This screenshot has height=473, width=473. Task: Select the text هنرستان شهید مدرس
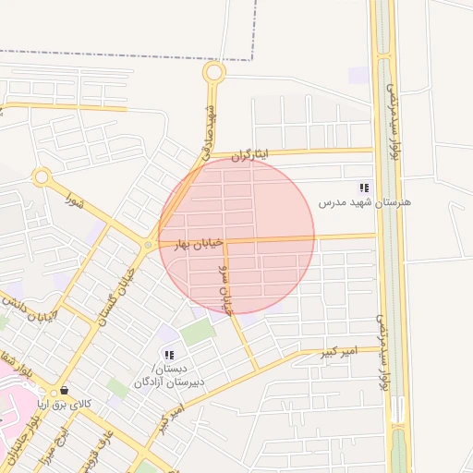click(365, 201)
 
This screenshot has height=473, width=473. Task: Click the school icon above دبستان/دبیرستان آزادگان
click(168, 355)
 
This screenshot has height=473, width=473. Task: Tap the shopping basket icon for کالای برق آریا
click(63, 390)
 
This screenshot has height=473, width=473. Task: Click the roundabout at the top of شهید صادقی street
click(214, 72)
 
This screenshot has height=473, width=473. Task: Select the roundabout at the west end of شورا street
click(41, 176)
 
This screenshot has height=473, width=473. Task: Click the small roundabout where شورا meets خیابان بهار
click(148, 245)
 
